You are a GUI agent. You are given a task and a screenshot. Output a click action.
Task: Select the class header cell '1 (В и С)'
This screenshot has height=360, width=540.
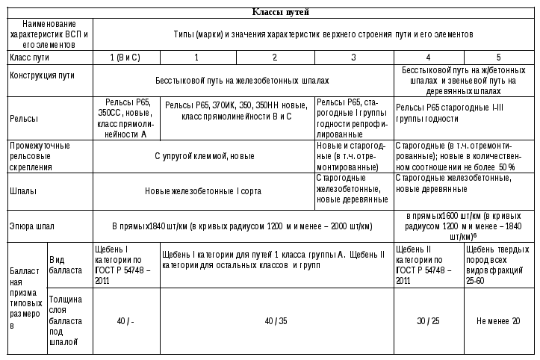click(x=125, y=57)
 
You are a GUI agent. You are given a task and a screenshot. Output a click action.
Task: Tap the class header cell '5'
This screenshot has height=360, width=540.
click(x=497, y=57)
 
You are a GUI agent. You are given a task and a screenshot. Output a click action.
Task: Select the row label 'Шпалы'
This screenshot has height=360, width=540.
click(x=22, y=190)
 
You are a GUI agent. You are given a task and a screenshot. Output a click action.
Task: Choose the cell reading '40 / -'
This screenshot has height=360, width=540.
click(x=125, y=320)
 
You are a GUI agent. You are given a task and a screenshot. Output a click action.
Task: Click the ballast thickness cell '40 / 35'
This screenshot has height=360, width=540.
click(x=276, y=320)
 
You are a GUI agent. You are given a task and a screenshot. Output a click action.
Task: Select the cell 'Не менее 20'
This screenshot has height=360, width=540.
click(x=497, y=320)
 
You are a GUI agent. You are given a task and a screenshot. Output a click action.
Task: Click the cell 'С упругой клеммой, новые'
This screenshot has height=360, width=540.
click(x=204, y=156)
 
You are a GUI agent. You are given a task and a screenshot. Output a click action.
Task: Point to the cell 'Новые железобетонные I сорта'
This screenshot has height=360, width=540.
click(x=203, y=190)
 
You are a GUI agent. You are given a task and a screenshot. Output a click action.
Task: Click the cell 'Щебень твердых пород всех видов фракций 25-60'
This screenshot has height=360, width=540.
click(x=497, y=264)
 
